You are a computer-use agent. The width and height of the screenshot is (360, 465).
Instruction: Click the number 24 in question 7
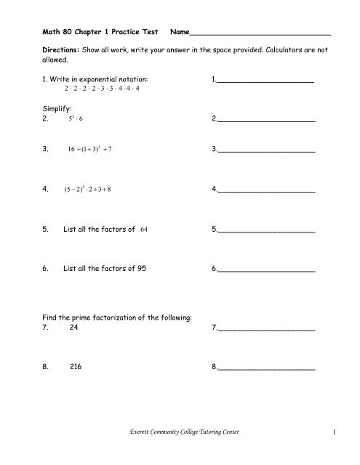(74, 328)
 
